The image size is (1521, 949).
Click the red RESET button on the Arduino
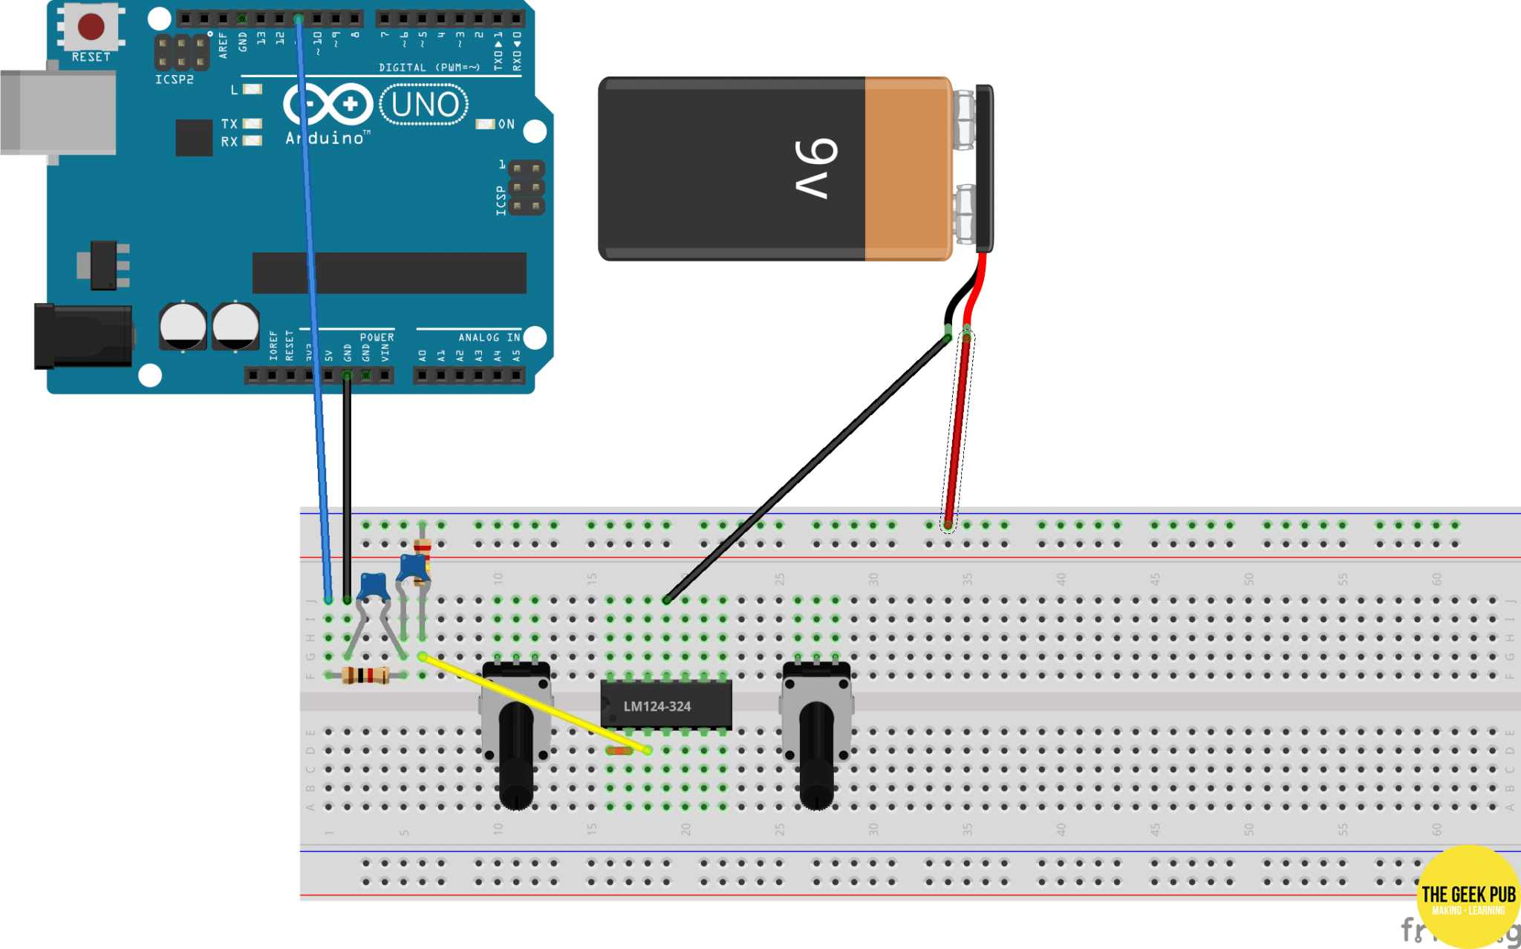pos(91,26)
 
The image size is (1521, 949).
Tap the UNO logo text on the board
pos(425,105)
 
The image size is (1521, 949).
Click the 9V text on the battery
pos(815,169)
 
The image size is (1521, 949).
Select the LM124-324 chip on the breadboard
pos(665,705)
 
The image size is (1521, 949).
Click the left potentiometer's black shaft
pos(516,757)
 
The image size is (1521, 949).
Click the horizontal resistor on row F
pos(365,675)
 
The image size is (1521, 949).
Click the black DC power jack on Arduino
pos(82,336)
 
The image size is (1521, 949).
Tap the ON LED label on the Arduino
pos(506,124)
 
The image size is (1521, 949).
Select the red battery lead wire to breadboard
pos(957,431)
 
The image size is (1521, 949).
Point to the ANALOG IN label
pos(489,337)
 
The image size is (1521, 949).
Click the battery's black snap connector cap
pos(984,168)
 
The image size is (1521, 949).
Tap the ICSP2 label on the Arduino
pos(175,79)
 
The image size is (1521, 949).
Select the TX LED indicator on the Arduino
pos(253,124)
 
